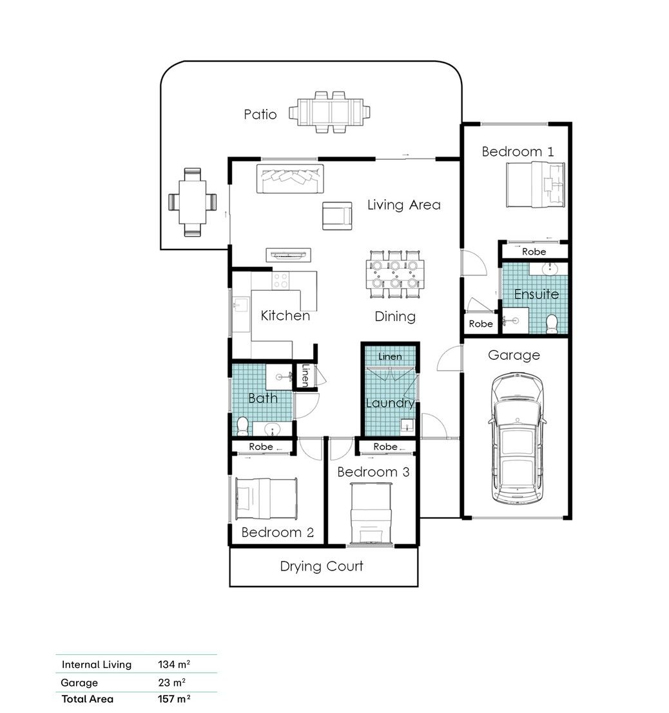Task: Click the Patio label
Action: tap(260, 114)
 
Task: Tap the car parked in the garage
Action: tap(517, 438)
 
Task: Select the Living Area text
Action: tap(404, 205)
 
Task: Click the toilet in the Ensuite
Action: tap(552, 324)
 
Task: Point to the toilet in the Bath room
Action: tap(243, 426)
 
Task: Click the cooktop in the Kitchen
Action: tap(280, 280)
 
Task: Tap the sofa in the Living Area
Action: tap(290, 179)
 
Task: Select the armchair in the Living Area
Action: tap(337, 216)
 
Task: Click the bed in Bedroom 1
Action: tap(536, 185)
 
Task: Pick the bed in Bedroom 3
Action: tap(371, 513)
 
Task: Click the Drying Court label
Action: tap(322, 566)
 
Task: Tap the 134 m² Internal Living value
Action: tap(174, 665)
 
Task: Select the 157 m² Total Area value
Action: tap(174, 699)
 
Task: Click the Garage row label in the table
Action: tap(79, 683)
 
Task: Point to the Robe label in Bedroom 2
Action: tap(261, 447)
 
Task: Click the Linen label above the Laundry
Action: tap(390, 356)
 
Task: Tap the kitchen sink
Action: tap(241, 305)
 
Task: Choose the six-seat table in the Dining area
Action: tap(395, 274)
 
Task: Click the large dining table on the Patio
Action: tap(329, 112)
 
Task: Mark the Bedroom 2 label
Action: tap(278, 532)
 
